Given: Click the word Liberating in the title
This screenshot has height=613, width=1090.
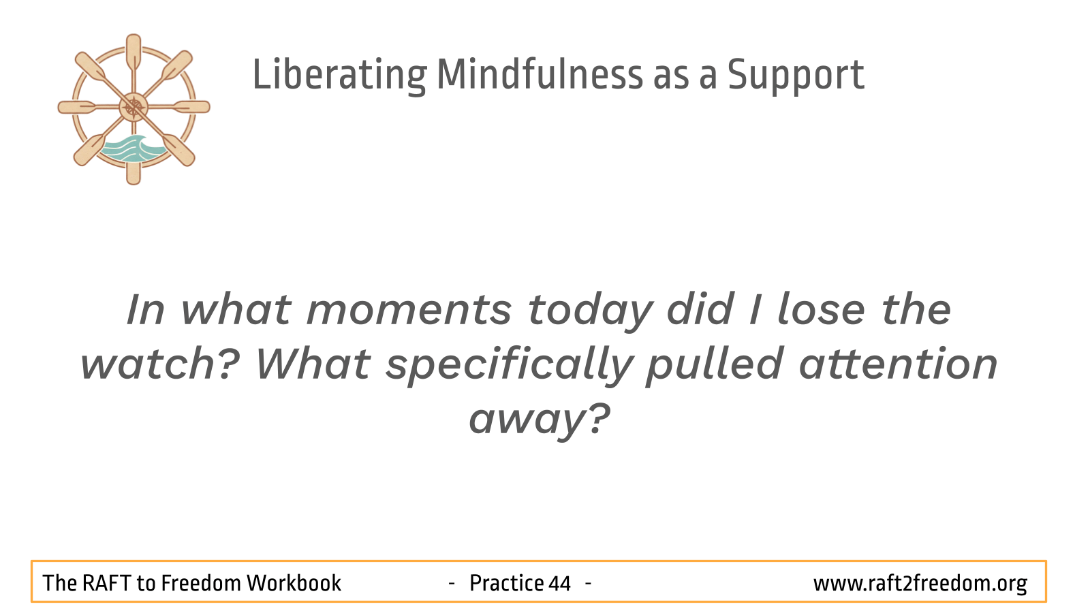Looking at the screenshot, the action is click(x=340, y=75).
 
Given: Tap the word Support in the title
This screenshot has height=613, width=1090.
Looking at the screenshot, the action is click(x=796, y=76).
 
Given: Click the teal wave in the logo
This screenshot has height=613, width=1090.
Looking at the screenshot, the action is click(x=130, y=149).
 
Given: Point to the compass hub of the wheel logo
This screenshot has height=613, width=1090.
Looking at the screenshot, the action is click(x=134, y=107).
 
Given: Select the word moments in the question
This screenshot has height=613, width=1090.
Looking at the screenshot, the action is click(x=409, y=311).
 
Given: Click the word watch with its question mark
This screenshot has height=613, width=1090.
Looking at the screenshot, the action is click(x=160, y=364).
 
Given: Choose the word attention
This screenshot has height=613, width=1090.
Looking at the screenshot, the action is click(x=899, y=364).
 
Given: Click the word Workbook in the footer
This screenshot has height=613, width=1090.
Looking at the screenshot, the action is click(x=294, y=583).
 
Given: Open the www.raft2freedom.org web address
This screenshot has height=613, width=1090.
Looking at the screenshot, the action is click(x=920, y=584).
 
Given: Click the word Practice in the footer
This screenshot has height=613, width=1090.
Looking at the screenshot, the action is click(x=506, y=583).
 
